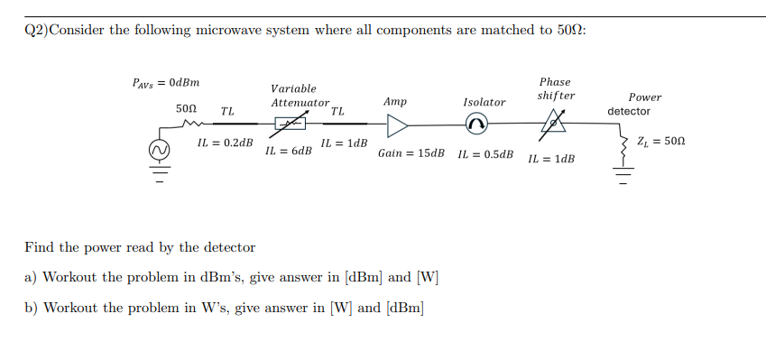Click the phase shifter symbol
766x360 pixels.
552,124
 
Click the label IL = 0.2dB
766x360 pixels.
225,143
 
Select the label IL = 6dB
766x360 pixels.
289,151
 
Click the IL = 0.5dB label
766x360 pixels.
485,153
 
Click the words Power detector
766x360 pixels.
632,104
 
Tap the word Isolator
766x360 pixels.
485,102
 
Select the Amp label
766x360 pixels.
395,102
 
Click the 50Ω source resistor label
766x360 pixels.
185,108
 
